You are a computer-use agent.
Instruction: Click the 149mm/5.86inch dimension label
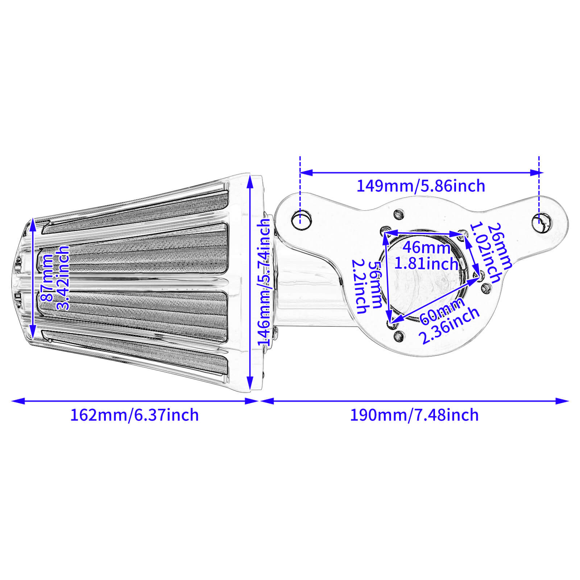pos(420,186)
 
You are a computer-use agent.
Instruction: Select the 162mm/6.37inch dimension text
pos(134,415)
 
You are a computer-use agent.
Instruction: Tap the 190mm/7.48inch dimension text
pos(414,415)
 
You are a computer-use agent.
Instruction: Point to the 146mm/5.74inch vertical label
pos(264,283)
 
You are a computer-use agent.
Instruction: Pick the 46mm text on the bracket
pos(426,248)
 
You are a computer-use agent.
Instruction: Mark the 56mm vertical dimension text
pos(375,285)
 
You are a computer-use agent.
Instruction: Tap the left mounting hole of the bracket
pos(301,220)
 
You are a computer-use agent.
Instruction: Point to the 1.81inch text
pos(426,264)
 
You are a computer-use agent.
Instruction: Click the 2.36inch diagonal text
pos(449,326)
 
